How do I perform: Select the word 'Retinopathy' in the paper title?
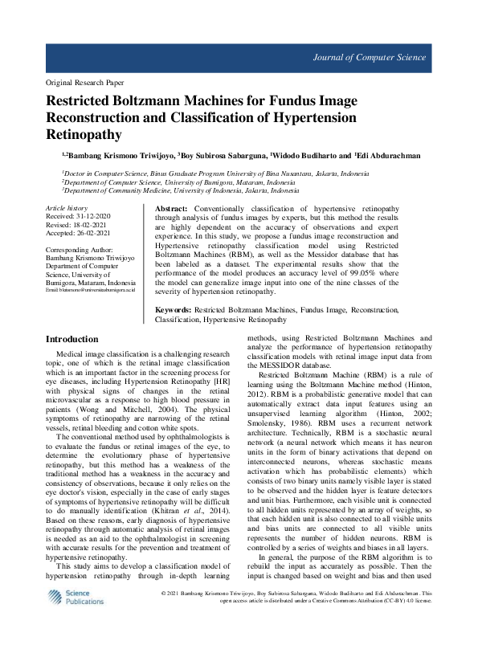[85, 134]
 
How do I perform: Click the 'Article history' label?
[67, 208]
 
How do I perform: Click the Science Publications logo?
[71, 620]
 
